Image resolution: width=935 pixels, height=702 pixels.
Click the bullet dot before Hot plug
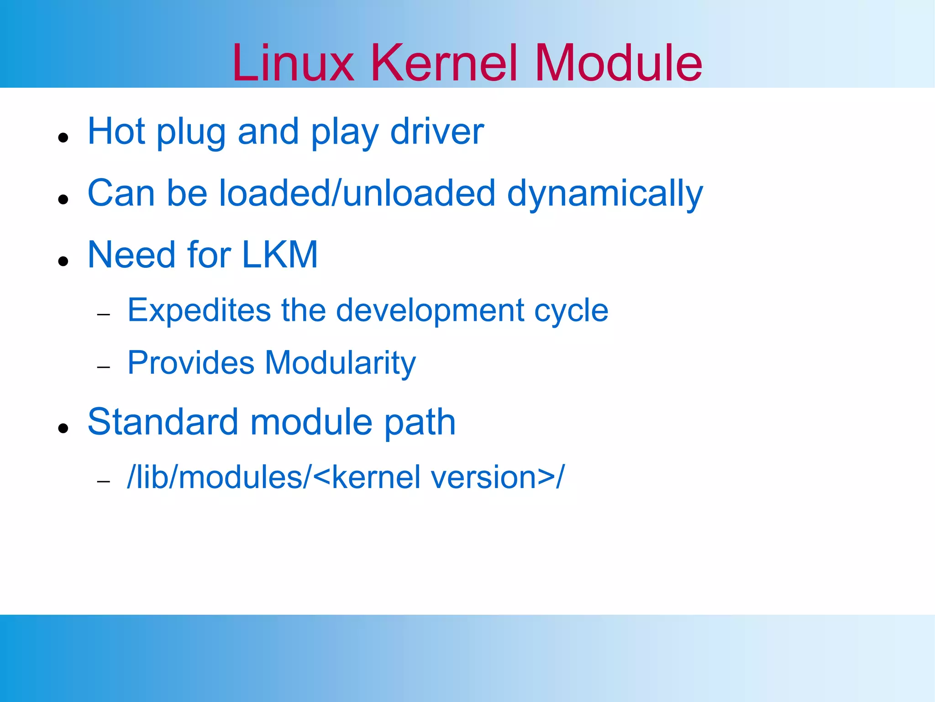(x=63, y=137)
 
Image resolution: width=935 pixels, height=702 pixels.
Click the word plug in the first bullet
(x=191, y=133)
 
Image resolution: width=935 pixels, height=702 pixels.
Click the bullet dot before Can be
(x=63, y=199)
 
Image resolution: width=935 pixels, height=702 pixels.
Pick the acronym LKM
(x=279, y=255)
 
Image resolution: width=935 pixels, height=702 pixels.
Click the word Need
(x=131, y=255)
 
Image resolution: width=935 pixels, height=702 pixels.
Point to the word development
(x=430, y=311)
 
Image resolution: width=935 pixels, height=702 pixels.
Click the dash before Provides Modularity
(x=104, y=367)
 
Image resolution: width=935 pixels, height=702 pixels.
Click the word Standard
(x=163, y=421)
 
